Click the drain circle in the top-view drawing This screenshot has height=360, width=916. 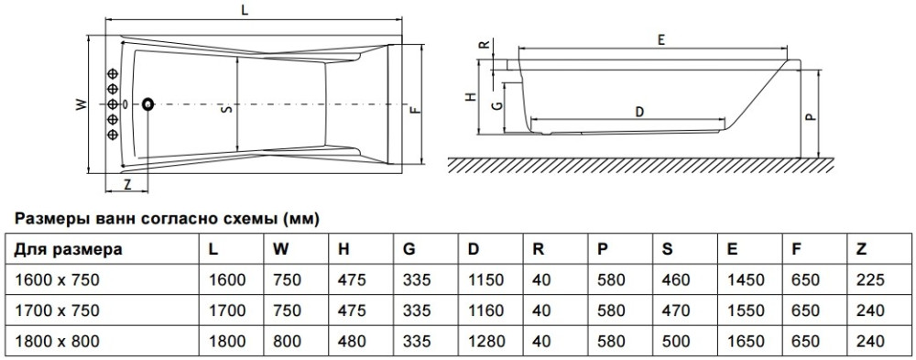(148, 104)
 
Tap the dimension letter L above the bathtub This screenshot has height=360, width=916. (252, 9)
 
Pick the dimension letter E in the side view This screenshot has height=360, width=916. (660, 39)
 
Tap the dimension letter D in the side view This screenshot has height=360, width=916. (639, 112)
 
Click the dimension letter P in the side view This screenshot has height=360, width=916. (809, 116)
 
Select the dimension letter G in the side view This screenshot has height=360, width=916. (496, 105)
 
